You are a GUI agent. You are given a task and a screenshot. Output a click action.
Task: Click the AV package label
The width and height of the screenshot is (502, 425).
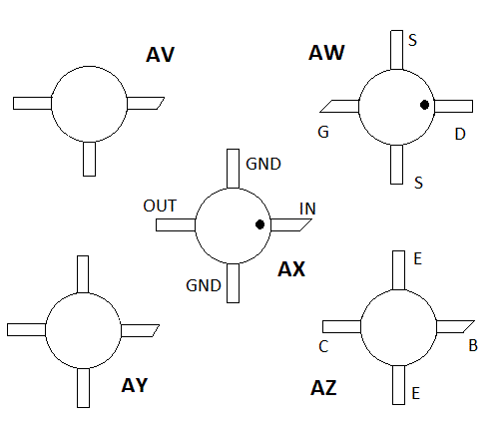click(160, 55)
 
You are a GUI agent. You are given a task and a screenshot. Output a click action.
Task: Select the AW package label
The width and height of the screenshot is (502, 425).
click(326, 53)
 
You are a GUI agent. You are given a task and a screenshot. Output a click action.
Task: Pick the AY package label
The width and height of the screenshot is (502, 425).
click(134, 385)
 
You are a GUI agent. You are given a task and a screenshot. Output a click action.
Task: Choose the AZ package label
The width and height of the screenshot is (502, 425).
click(323, 388)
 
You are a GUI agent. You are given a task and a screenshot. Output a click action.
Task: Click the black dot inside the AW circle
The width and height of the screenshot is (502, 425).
click(424, 105)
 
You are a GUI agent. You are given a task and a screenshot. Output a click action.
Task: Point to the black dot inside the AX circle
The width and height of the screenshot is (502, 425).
click(259, 224)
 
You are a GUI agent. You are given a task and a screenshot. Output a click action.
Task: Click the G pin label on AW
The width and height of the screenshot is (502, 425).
click(323, 133)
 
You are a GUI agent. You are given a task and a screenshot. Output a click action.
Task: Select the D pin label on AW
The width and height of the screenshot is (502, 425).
click(459, 134)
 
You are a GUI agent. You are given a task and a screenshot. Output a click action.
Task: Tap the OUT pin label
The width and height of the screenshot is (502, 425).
click(160, 206)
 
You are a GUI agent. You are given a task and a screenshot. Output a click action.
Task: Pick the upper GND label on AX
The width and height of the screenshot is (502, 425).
click(263, 163)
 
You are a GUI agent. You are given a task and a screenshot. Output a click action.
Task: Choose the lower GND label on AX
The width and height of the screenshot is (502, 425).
click(204, 285)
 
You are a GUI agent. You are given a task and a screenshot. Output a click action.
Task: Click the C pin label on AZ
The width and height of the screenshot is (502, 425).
click(323, 347)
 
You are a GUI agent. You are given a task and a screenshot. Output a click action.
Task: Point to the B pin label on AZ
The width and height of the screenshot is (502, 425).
click(473, 347)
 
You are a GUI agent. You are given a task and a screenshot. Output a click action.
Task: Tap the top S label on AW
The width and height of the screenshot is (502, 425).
click(412, 40)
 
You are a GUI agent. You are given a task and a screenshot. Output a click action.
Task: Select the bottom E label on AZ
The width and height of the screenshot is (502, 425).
click(415, 393)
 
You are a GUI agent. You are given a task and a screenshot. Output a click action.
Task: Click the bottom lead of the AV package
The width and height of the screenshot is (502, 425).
click(90, 158)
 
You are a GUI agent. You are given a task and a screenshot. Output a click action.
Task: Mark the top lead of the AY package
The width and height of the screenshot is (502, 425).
click(83, 273)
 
